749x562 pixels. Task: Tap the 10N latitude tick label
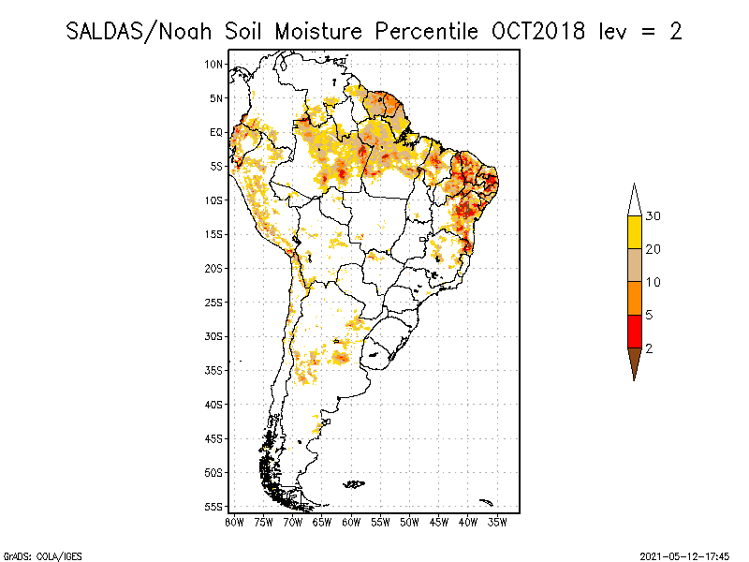point(214,64)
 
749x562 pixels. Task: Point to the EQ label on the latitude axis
point(216,132)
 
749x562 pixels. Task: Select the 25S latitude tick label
point(214,302)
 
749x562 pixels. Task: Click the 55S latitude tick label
point(214,506)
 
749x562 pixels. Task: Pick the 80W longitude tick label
point(234,522)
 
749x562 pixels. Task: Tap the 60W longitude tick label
point(351,522)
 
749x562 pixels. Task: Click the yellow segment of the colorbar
point(634,232)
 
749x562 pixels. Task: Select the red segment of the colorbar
point(634,331)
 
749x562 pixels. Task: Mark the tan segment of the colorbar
point(634,265)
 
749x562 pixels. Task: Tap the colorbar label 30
point(654,216)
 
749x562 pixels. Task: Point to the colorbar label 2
point(649,348)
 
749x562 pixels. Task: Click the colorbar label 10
point(654,282)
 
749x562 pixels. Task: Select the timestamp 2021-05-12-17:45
point(684,555)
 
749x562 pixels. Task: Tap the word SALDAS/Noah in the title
point(140,32)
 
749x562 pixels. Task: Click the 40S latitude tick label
point(214,404)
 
